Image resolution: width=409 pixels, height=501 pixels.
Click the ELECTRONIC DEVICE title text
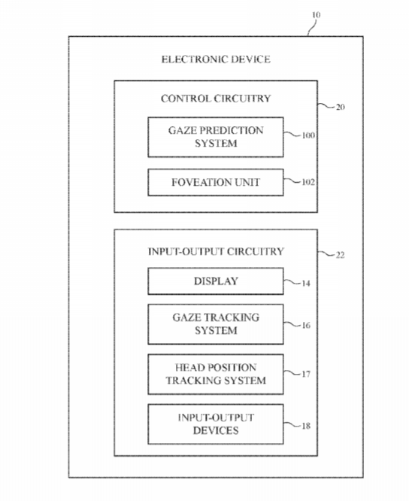click(x=216, y=59)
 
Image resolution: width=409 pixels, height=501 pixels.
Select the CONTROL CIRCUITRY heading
click(x=216, y=99)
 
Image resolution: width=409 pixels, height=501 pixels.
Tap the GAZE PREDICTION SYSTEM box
click(x=216, y=137)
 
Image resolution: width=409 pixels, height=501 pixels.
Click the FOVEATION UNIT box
click(x=216, y=182)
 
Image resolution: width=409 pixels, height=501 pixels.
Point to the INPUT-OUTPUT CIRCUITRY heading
click(x=216, y=251)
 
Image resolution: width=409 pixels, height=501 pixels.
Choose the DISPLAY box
click(x=216, y=281)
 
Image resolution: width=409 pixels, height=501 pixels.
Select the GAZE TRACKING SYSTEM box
click(x=216, y=324)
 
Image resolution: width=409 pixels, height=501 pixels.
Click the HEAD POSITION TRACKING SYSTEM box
click(x=216, y=374)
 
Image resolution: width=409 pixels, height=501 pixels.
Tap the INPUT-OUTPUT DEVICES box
click(x=216, y=424)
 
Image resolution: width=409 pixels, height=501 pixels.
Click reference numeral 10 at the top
click(x=316, y=15)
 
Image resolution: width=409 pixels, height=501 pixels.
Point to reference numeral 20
click(x=341, y=107)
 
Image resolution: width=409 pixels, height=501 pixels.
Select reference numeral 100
click(x=308, y=135)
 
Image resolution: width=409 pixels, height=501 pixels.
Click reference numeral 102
click(x=308, y=182)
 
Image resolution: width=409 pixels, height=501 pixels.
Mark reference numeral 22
click(x=341, y=255)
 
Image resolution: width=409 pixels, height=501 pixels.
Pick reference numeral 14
click(x=306, y=284)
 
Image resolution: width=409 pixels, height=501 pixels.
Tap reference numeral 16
click(x=306, y=325)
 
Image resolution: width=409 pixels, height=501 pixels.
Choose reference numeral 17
click(x=306, y=374)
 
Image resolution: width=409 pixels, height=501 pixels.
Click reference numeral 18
click(x=306, y=426)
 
